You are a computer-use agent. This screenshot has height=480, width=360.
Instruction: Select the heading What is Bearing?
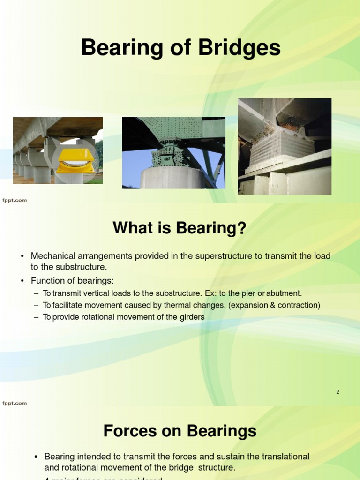point(180,228)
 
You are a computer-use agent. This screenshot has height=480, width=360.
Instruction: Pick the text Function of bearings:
point(72,281)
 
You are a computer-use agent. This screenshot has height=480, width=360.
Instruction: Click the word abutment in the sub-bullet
point(284,293)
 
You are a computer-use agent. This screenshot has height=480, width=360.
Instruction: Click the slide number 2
point(337,392)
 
